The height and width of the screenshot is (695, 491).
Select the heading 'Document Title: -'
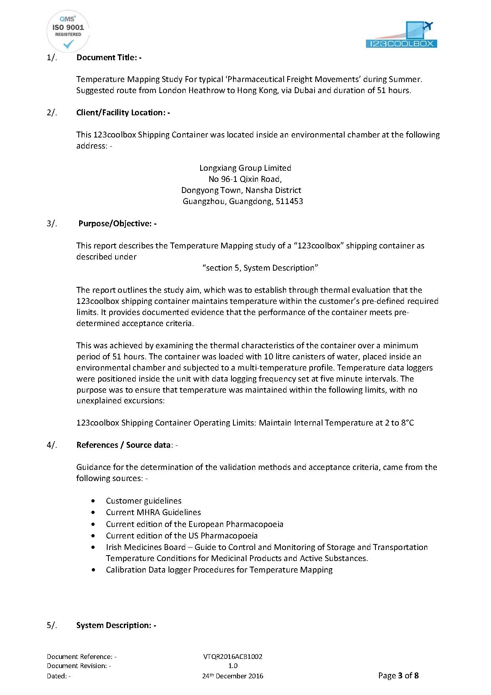coord(109,57)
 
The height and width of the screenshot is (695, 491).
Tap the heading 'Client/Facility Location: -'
coord(123,113)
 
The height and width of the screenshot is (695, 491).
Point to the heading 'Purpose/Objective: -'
coord(117,223)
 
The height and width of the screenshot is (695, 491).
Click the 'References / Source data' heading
coord(123,445)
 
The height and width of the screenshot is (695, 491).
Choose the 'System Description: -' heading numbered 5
coord(116,625)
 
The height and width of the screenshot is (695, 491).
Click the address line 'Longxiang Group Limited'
coord(245,168)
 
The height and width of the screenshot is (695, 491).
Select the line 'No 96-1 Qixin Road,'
coord(245,179)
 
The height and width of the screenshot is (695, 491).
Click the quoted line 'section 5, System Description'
coord(260,268)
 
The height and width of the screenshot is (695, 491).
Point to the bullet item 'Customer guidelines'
coord(144,501)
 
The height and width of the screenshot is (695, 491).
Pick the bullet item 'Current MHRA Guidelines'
coord(153,512)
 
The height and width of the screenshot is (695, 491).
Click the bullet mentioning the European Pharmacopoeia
coord(194,524)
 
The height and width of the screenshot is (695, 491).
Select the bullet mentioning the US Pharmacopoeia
coord(182,536)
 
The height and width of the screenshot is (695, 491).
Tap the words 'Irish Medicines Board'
coord(146,547)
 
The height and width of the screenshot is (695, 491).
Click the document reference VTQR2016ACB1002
coord(233,657)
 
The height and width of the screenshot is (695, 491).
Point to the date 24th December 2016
coord(233,676)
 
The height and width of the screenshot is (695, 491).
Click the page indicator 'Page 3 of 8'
coord(398,676)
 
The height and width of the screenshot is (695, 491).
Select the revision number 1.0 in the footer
coord(233,666)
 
